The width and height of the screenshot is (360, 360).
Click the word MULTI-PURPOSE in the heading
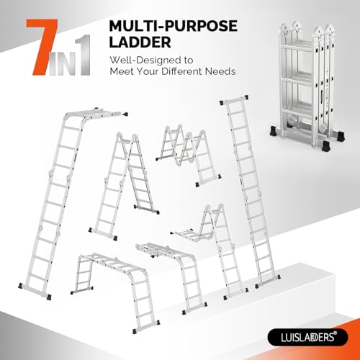coord(174,27)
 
